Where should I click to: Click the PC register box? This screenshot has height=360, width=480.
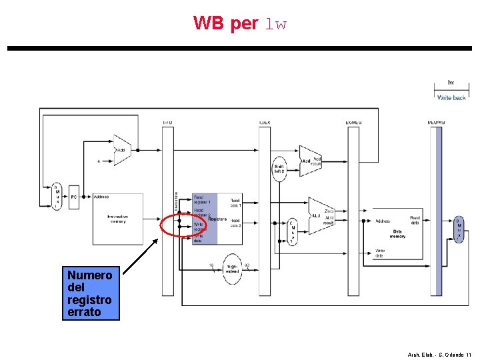pos(74,197)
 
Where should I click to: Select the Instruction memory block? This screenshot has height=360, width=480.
pos(117,219)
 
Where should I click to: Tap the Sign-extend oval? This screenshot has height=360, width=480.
pos(233,269)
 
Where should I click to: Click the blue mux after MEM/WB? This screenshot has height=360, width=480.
pos(459,229)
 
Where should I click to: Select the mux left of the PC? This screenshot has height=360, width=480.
pos(57,196)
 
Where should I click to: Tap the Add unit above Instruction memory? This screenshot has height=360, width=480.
pos(122,150)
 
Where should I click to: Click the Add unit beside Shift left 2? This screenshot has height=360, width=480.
pos(309,161)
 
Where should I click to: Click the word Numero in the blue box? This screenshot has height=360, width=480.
pos(89,275)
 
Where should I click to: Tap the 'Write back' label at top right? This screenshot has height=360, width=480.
pos(451,98)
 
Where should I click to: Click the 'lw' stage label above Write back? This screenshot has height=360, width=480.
pos(451,83)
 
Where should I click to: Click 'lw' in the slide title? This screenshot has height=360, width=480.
pos(275,25)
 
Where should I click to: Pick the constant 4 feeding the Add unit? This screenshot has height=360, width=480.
pos(99,161)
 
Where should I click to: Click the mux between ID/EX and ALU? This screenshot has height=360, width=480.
pos(293,232)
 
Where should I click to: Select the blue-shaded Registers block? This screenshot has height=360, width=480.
pos(205,219)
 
